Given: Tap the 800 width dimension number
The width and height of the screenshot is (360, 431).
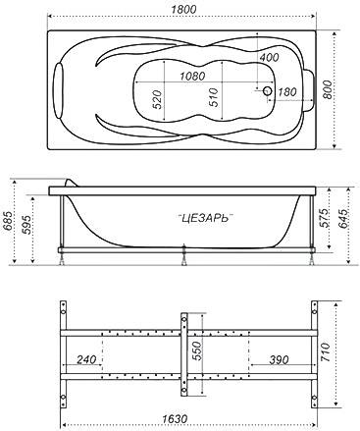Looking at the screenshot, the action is coord(327,89).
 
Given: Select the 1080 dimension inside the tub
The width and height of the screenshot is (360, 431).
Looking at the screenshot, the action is coord(192,77).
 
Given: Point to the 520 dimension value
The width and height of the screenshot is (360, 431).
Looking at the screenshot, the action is coord(157,100).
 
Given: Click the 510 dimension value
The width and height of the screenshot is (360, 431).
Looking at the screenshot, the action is coord(213,97).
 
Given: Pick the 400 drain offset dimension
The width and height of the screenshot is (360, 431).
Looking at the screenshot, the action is coord(269,58).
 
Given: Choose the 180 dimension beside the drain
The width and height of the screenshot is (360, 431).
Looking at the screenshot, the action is coord(286,92).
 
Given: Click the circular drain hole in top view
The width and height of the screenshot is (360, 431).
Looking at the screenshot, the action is coord(268,90).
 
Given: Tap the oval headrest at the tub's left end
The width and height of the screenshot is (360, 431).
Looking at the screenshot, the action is coord(58,90).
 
